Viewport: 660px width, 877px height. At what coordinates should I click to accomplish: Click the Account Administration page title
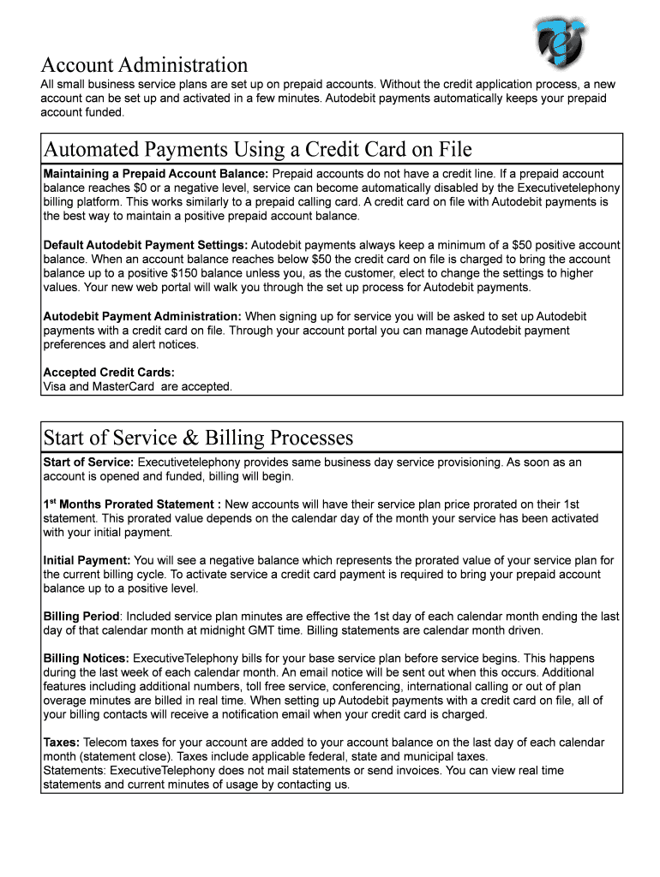tap(145, 65)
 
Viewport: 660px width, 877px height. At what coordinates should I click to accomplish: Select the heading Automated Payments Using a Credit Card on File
tap(257, 150)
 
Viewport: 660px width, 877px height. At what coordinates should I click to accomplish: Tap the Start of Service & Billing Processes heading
tap(198, 438)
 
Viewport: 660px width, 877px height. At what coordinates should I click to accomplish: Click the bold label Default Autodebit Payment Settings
tap(146, 245)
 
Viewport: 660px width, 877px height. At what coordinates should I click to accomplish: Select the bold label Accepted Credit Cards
tap(109, 373)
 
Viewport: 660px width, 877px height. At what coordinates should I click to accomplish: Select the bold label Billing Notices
tap(87, 658)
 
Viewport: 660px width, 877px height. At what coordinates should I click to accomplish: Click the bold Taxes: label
tap(62, 743)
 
